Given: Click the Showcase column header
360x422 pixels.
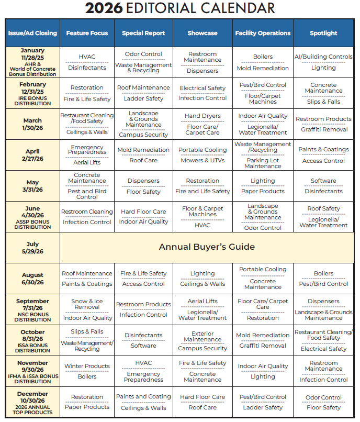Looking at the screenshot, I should point(203,33).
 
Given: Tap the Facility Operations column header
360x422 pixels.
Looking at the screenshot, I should point(263,33).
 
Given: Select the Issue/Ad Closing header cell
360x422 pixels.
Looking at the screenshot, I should point(32,33).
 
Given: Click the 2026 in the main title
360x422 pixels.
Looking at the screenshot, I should point(105,8).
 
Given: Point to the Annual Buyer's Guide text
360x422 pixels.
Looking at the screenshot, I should point(207,247).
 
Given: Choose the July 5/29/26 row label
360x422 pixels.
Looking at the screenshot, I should point(32,247).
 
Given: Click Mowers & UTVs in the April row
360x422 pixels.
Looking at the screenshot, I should point(203,160).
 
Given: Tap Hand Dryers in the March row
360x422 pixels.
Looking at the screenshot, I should point(203,116).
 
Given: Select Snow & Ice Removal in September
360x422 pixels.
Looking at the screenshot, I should point(87,304).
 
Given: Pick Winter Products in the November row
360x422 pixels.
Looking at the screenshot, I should point(87,366).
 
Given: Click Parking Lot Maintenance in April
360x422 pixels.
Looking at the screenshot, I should point(263,163).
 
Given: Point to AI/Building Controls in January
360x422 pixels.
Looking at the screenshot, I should point(323,57).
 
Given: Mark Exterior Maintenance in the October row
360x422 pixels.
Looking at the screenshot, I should point(203,336).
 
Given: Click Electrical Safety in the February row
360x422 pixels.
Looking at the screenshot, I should point(203,88).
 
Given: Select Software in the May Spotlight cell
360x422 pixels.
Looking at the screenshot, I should point(323,181).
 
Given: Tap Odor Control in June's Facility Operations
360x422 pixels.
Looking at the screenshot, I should point(263,228).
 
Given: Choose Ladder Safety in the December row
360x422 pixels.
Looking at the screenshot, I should point(263,407).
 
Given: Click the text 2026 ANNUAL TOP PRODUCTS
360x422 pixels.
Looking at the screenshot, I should point(32,409).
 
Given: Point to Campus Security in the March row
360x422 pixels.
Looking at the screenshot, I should point(143,135).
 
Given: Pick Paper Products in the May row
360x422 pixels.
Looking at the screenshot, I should point(263,191).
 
